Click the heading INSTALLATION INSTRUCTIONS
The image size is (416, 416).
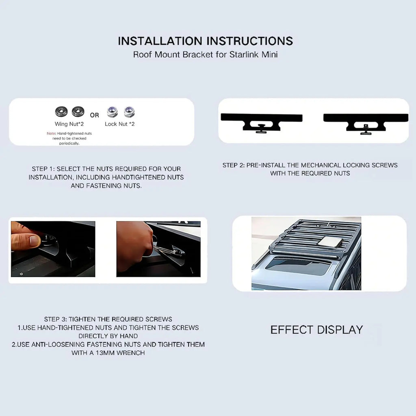(x=205, y=41)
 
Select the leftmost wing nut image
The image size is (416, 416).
(x=61, y=111)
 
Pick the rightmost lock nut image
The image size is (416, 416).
(x=129, y=112)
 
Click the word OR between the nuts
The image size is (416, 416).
(x=94, y=115)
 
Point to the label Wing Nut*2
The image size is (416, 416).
(x=69, y=124)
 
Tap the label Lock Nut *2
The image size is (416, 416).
(x=120, y=124)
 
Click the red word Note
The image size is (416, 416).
(x=51, y=133)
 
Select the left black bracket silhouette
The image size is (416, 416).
(x=261, y=123)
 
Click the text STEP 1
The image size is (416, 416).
(x=43, y=169)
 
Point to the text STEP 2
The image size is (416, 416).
(x=234, y=165)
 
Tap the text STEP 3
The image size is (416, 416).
(x=55, y=319)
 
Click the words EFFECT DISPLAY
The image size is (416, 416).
(x=316, y=330)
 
